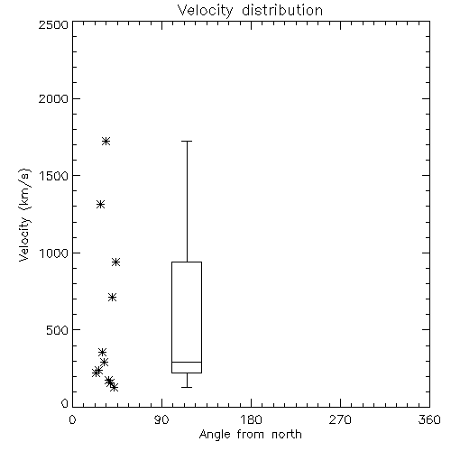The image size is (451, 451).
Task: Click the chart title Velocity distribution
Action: [250, 11]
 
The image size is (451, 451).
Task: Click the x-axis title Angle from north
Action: [250, 434]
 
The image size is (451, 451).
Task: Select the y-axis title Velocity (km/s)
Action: [24, 215]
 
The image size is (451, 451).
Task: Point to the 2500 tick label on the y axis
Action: [54, 25]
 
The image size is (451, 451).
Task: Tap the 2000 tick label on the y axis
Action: [54, 98]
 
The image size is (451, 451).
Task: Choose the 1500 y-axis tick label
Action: [54, 175]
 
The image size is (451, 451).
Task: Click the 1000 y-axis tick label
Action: [54, 253]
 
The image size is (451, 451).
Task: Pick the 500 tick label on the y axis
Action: [58, 330]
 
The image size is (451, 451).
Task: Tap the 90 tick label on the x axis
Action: [161, 419]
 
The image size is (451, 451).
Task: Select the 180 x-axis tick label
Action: [251, 419]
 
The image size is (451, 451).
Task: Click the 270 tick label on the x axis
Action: [340, 419]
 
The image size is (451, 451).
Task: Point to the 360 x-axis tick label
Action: [429, 419]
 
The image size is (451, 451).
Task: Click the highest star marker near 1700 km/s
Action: [106, 141]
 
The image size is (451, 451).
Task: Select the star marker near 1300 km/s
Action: [100, 205]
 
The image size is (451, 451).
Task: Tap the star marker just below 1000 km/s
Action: [116, 262]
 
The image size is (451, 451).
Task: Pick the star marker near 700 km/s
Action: [112, 298]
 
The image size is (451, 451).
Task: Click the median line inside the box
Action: [187, 362]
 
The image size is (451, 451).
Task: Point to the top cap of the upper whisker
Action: [187, 141]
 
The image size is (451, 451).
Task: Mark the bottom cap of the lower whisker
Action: [187, 387]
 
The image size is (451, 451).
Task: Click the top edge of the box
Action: [187, 262]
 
